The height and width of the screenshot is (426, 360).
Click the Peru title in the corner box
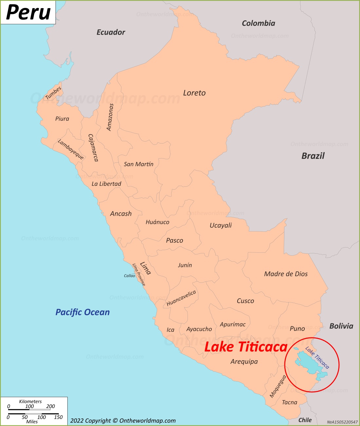tap(28, 12)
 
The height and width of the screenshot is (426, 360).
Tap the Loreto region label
tap(194, 93)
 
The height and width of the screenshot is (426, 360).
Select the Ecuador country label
tap(111, 32)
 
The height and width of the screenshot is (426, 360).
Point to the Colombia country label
tap(258, 23)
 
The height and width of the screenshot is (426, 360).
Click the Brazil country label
tap(313, 156)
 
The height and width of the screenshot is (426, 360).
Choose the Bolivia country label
tap(341, 326)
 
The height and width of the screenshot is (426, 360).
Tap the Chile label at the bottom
tap(305, 420)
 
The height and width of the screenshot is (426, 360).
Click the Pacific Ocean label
tap(82, 312)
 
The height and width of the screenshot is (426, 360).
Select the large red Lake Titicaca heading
tap(246, 347)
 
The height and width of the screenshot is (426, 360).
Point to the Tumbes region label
tap(53, 93)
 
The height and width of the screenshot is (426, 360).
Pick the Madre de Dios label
tap(286, 274)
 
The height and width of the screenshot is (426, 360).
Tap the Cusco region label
tap(245, 301)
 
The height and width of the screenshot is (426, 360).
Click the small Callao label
tap(129, 276)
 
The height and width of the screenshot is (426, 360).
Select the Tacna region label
tap(290, 402)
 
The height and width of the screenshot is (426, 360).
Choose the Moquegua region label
tap(278, 386)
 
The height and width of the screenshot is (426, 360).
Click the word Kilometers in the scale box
tap(30, 401)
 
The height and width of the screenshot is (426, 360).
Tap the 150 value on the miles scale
tap(58, 417)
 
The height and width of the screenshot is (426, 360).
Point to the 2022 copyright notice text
tap(123, 421)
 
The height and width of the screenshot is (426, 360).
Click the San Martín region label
tap(138, 164)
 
